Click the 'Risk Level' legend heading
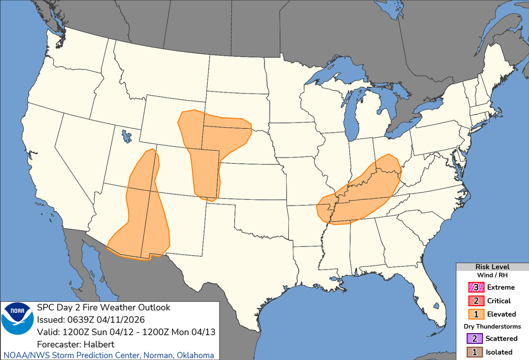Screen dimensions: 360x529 492,267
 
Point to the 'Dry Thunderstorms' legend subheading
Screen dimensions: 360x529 492,326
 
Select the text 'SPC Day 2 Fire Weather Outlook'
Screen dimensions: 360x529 104,307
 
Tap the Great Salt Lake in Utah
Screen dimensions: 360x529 125,136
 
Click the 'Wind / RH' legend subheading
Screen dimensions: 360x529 492,275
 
